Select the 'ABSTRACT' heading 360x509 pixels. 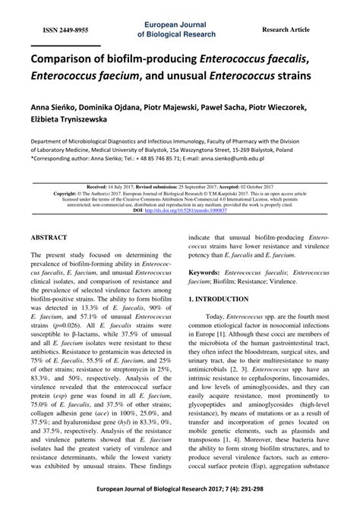[52, 237]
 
